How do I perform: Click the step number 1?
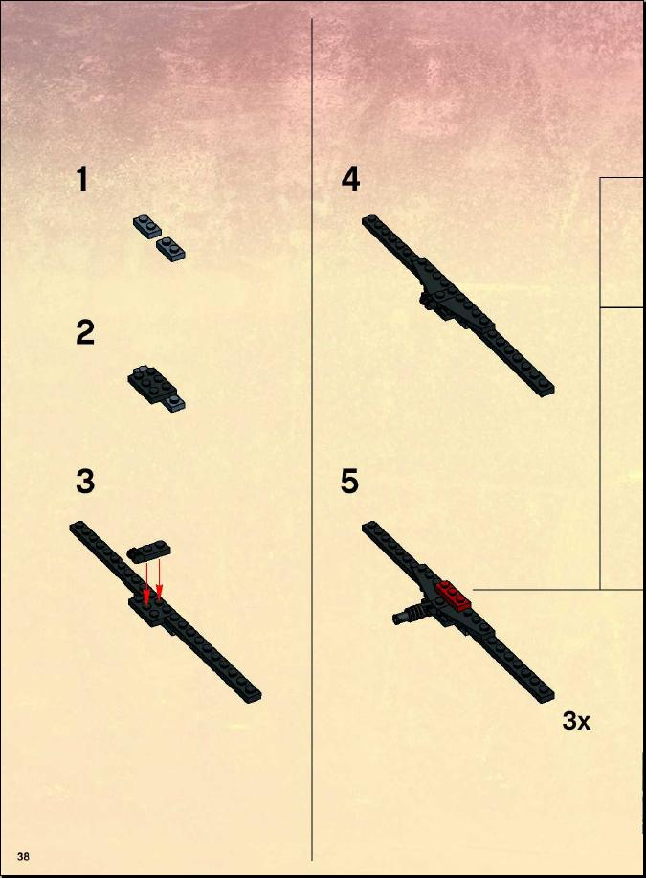click(x=82, y=180)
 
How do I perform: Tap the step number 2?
click(x=85, y=332)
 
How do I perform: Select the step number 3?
click(x=85, y=483)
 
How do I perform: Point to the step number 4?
click(x=350, y=180)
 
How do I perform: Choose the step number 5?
click(x=350, y=483)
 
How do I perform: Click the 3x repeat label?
click(x=576, y=721)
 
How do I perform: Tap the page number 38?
click(x=23, y=856)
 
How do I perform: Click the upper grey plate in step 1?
click(x=146, y=226)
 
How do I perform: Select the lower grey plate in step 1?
click(x=170, y=249)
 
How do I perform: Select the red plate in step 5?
click(x=453, y=596)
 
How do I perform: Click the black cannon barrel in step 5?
click(x=410, y=614)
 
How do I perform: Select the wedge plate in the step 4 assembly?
click(x=454, y=297)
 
